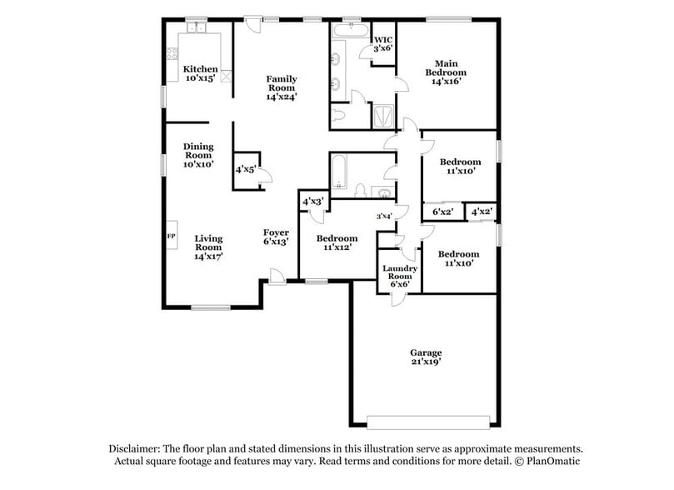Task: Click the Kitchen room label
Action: pyautogui.click(x=200, y=73)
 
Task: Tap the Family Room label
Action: pyautogui.click(x=282, y=87)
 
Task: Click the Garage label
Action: pyautogui.click(x=425, y=357)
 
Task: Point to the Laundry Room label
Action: pyautogui.click(x=398, y=276)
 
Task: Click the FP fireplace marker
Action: pyautogui.click(x=172, y=237)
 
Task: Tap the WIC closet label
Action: pyautogui.click(x=382, y=44)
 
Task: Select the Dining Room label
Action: pyautogui.click(x=198, y=155)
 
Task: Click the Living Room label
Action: pyautogui.click(x=208, y=247)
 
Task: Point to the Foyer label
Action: pyautogui.click(x=276, y=237)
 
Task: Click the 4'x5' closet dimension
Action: pyautogui.click(x=246, y=169)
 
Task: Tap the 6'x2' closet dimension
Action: pyautogui.click(x=442, y=212)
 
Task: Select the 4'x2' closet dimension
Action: pyautogui.click(x=482, y=212)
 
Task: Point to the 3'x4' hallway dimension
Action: pyautogui.click(x=384, y=217)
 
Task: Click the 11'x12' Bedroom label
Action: pyautogui.click(x=337, y=242)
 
